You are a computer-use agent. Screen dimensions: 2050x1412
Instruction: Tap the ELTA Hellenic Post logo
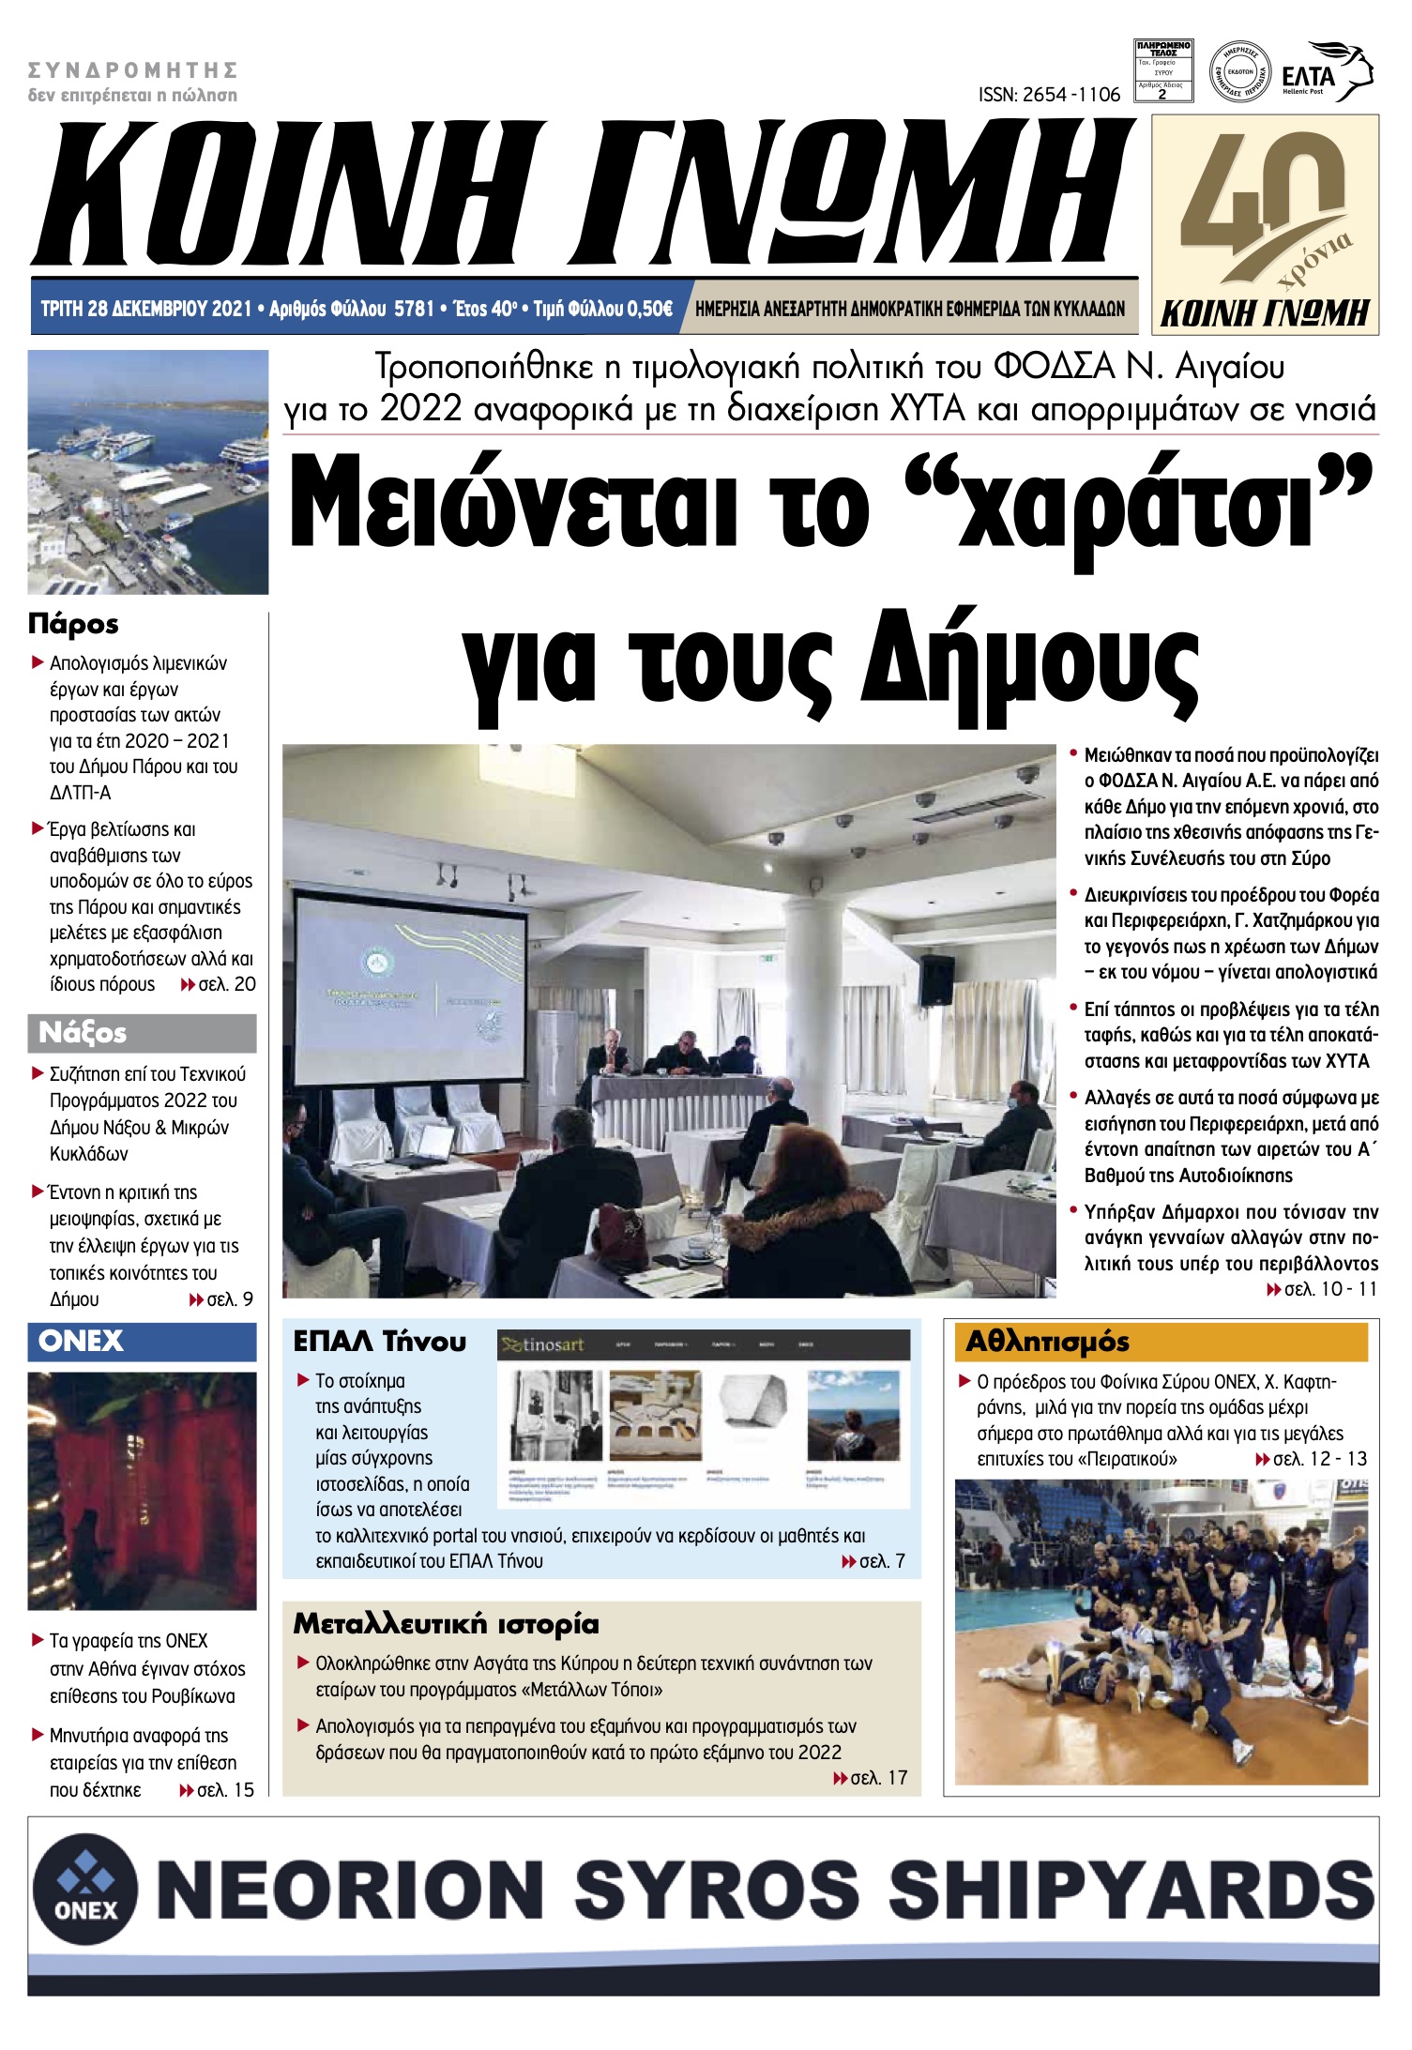(x=1326, y=73)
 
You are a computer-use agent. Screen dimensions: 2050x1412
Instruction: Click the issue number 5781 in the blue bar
(x=414, y=309)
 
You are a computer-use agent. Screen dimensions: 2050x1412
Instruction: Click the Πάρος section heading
(x=73, y=624)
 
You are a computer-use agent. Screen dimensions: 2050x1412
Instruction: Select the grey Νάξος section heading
(x=83, y=1033)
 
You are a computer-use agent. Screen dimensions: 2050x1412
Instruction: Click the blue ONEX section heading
(x=81, y=1341)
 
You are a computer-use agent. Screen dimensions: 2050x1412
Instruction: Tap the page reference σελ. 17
(x=878, y=1777)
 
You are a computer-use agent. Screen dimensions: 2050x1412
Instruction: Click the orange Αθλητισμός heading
(x=1047, y=1342)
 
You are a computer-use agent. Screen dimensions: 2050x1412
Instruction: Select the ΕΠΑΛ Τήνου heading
(x=379, y=1342)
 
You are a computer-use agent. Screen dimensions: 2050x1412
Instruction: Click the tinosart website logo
(x=542, y=1344)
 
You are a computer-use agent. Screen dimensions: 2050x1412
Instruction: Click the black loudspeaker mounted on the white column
(x=935, y=979)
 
